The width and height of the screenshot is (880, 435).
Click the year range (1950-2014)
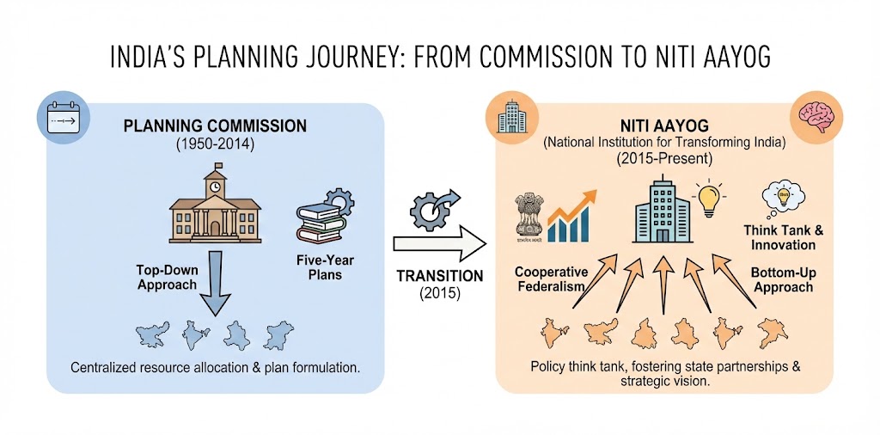point(215,144)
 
